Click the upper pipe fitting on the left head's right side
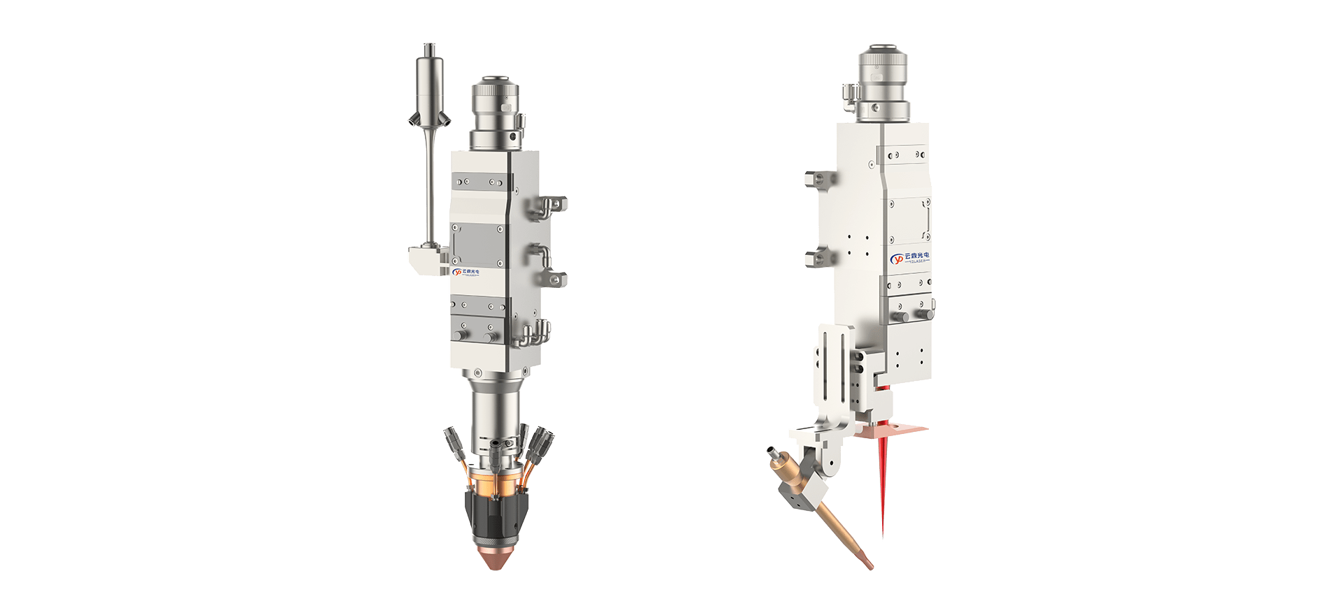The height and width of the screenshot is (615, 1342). coord(551,205)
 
